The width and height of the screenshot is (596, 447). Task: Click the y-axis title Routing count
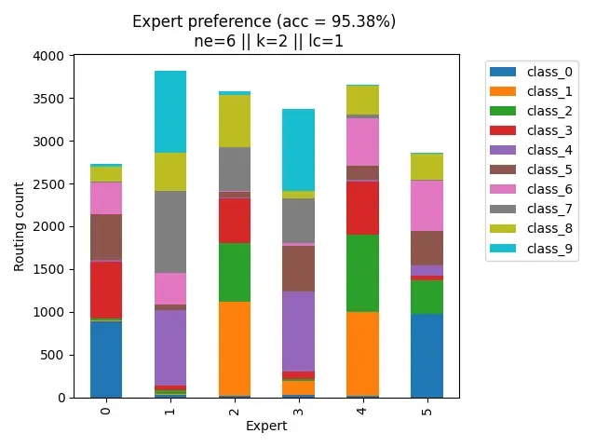point(19,227)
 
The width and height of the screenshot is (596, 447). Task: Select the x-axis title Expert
point(266,426)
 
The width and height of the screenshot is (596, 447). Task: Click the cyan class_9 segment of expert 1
point(170,111)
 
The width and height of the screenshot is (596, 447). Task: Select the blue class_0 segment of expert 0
point(106,359)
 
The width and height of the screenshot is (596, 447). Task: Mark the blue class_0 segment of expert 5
point(427,355)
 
